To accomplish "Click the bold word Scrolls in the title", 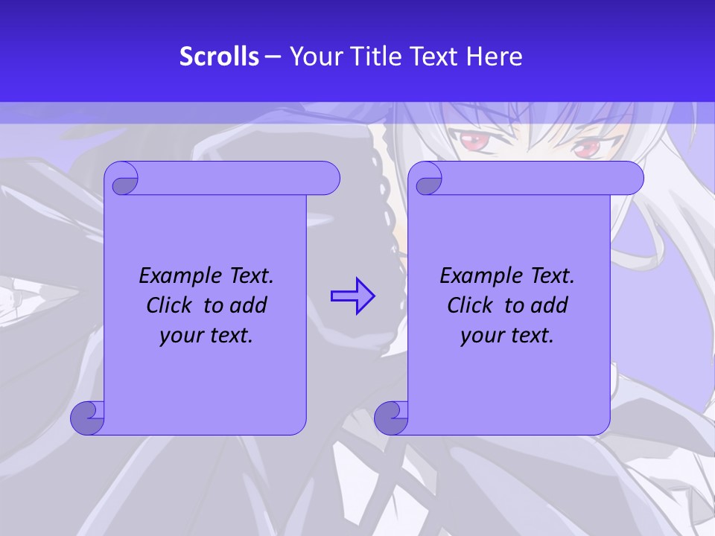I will (220, 57).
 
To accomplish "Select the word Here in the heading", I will (495, 57).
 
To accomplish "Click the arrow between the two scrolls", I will (352, 296).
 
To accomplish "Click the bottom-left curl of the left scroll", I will (87, 418).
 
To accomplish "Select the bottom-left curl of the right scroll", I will (391, 418).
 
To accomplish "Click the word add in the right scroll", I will (550, 305).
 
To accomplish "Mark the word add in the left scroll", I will (249, 305).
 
